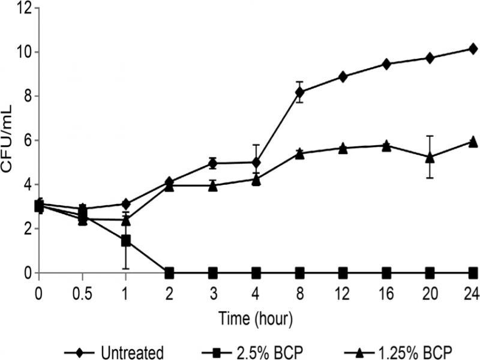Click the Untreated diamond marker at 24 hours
pyautogui.click(x=473, y=49)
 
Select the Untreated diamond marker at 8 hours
pyautogui.click(x=299, y=92)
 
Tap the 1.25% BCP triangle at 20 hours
pyautogui.click(x=430, y=157)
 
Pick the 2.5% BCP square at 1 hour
pyautogui.click(x=126, y=241)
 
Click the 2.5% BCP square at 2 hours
pyautogui.click(x=169, y=273)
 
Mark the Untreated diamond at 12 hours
pyautogui.click(x=343, y=77)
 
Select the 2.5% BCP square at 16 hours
pyautogui.click(x=386, y=273)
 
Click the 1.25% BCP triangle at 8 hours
pyautogui.click(x=299, y=154)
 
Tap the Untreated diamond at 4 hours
pyautogui.click(x=256, y=163)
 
